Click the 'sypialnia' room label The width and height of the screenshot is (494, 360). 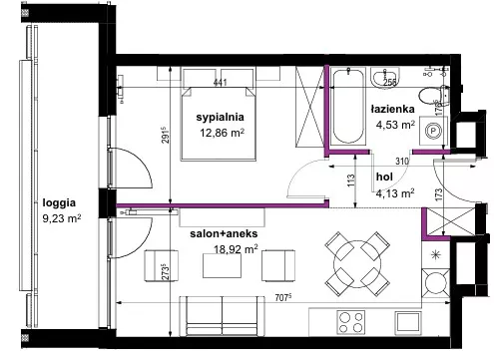(220, 118)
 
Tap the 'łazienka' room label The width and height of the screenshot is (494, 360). (393, 109)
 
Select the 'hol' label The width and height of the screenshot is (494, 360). (384, 177)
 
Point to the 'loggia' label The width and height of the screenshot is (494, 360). (59, 202)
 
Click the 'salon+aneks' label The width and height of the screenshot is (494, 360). (224, 233)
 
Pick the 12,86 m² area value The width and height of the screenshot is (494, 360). (222, 133)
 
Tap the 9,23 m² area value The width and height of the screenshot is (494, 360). (62, 218)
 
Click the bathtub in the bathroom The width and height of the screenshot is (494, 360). (348, 107)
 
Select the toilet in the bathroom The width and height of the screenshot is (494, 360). (434, 95)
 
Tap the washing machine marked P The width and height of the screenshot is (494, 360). (433, 131)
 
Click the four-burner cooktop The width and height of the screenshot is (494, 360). (351, 322)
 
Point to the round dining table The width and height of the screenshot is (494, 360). (357, 264)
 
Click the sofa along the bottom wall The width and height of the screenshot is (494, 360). (223, 316)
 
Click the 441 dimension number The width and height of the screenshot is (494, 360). (220, 82)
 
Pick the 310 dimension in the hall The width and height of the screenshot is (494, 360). (402, 162)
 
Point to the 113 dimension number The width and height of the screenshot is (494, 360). (351, 180)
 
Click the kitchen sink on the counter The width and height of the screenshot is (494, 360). (408, 322)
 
